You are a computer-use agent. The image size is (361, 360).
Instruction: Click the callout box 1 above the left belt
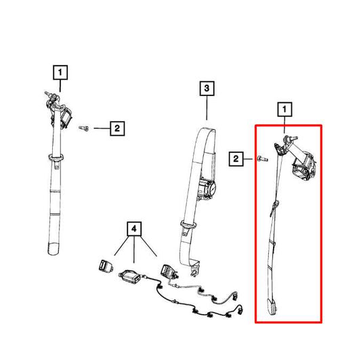tap(60, 72)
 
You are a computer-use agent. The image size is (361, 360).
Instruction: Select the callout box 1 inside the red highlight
tap(284, 109)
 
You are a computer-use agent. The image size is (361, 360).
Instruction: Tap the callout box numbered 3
tap(207, 89)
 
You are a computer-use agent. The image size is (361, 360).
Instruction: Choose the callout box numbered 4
tap(134, 229)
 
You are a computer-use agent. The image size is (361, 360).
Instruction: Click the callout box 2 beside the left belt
tap(117, 129)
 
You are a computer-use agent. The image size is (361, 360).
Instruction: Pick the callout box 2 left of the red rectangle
tap(236, 159)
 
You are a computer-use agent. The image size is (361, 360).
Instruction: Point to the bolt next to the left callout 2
tap(83, 128)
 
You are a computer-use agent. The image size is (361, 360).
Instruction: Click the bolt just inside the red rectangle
tap(263, 158)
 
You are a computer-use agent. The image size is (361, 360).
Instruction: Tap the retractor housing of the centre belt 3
tap(207, 189)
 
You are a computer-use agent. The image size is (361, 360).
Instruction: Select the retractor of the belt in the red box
tap(303, 166)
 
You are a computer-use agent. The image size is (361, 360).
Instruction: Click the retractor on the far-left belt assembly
tap(65, 117)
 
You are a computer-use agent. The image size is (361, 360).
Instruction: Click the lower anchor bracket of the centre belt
tap(195, 267)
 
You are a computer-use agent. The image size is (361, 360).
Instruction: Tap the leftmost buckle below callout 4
tap(106, 266)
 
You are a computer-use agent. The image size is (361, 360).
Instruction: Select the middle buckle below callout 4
tap(130, 276)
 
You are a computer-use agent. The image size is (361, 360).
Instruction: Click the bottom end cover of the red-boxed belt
tap(272, 307)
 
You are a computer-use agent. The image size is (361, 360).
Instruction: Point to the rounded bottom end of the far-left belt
tap(54, 248)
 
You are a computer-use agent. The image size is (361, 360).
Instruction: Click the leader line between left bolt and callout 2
tap(102, 128)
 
